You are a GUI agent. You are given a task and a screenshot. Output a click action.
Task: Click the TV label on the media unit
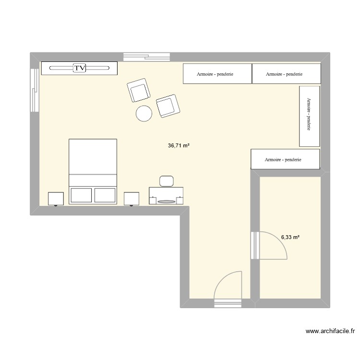pyautogui.click(x=79, y=68)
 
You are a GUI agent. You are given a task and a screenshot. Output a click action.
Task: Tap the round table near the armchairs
pyautogui.click(x=144, y=113)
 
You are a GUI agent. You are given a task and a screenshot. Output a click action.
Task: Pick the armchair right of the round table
pyautogui.click(x=168, y=105)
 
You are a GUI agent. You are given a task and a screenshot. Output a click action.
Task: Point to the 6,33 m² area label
pyautogui.click(x=290, y=237)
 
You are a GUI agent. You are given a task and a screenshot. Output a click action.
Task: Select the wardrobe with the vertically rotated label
pyautogui.click(x=309, y=116)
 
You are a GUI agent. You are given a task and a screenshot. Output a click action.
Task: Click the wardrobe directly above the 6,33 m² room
pyautogui.click(x=285, y=159)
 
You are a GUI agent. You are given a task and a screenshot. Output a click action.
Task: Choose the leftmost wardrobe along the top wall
pyautogui.click(x=217, y=74)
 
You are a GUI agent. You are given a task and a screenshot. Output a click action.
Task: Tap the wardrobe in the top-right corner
pyautogui.click(x=286, y=74)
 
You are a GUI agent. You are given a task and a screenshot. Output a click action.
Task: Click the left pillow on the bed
pyautogui.click(x=81, y=195)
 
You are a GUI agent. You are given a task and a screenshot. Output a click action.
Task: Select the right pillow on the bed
pyautogui.click(x=105, y=195)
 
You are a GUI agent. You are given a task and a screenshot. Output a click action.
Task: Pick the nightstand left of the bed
pyautogui.click(x=56, y=198)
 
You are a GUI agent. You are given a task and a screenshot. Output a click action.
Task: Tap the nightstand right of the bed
pyautogui.click(x=132, y=198)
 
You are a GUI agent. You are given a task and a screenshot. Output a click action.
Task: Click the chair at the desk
pyautogui.click(x=167, y=180)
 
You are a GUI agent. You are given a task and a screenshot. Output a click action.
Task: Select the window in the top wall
pyautogui.click(x=146, y=56)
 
